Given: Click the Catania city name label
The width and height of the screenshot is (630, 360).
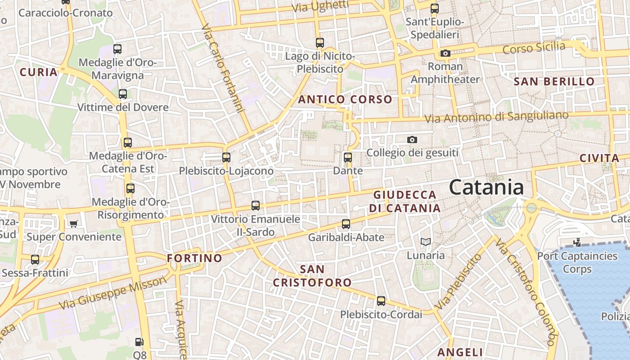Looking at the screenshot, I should click(x=486, y=187).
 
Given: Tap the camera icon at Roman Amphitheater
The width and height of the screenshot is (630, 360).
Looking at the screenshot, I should click(x=445, y=54).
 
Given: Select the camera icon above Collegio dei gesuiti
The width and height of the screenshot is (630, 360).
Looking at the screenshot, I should click(x=412, y=140).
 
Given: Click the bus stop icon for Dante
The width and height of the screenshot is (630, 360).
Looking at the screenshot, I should click(x=347, y=157).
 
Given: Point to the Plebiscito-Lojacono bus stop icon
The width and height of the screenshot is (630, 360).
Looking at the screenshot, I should click(x=226, y=157).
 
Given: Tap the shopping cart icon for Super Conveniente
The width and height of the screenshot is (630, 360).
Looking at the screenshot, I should click(x=73, y=224).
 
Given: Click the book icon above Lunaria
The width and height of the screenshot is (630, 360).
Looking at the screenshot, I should click(x=425, y=242).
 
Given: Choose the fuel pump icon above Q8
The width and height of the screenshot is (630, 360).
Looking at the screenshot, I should click(x=139, y=342).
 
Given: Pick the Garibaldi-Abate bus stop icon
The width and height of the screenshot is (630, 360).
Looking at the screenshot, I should click(x=346, y=224).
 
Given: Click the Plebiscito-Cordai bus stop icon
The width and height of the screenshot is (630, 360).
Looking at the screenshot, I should click(x=381, y=301).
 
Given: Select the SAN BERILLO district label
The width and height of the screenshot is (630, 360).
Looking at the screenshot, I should click(x=554, y=81).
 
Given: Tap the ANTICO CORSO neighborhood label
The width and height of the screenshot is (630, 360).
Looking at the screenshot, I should click(x=345, y=99).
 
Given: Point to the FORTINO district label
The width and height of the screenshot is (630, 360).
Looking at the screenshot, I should click(x=194, y=258).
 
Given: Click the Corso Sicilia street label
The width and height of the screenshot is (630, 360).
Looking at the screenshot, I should click(x=534, y=47).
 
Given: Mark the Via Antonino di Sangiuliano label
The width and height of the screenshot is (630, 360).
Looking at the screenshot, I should click(x=497, y=117).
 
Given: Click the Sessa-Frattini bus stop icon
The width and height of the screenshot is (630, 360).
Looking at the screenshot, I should click(x=35, y=260).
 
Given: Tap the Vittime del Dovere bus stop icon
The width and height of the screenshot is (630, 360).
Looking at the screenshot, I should click(x=122, y=94).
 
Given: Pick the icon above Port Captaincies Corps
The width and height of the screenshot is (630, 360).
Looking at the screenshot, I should click(x=576, y=243).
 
